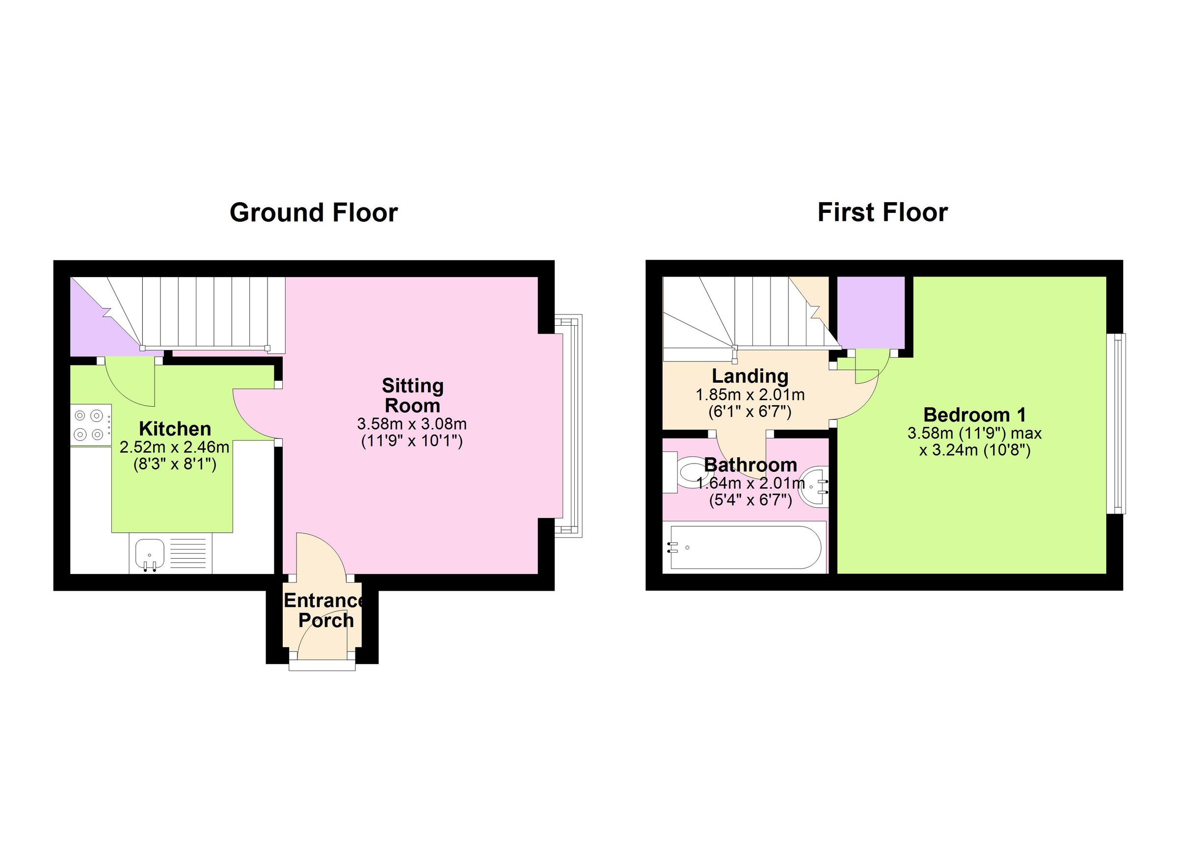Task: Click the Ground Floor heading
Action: click(313, 213)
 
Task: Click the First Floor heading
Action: click(883, 213)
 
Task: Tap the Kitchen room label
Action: click(175, 429)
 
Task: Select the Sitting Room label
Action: click(412, 395)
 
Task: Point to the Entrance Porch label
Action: click(325, 610)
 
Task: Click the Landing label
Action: click(750, 376)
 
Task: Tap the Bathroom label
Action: click(750, 465)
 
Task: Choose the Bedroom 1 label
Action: click(974, 415)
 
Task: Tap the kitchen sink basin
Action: click(150, 553)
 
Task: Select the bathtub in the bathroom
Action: click(746, 547)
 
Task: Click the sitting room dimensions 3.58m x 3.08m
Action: click(411, 424)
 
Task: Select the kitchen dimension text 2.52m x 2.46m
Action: click(175, 447)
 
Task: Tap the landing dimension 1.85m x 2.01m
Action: click(750, 395)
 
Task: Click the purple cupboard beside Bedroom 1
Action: click(871, 312)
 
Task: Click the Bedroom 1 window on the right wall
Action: click(1116, 423)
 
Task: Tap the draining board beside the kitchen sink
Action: click(190, 554)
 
